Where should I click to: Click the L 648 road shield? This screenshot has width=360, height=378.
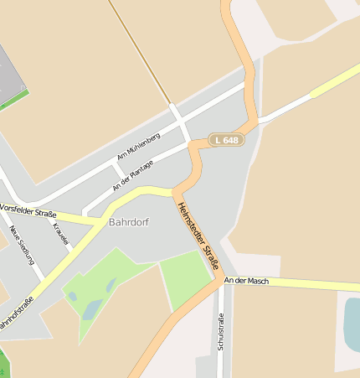click(226, 140)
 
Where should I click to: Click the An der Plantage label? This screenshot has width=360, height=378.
click(133, 175)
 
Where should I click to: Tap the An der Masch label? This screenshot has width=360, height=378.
click(247, 281)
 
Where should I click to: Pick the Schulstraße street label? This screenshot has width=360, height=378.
click(221, 332)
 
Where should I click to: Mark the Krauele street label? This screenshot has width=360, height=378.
click(60, 234)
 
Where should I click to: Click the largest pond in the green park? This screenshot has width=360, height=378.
click(90, 309)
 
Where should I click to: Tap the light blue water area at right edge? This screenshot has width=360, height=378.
click(351, 322)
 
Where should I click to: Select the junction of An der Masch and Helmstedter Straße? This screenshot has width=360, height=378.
click(222, 279)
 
